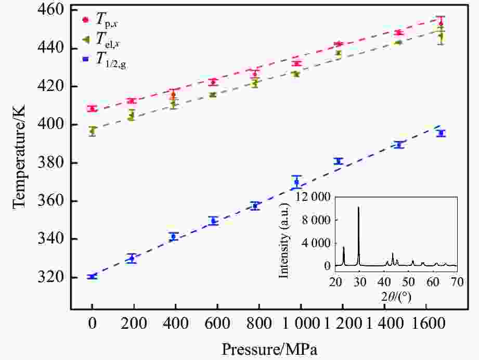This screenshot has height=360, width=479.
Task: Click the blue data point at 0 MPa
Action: [92, 277]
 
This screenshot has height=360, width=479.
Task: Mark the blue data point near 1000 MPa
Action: [296, 182]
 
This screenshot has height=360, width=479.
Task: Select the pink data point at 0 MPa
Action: [92, 109]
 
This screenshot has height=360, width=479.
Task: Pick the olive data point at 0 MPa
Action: [92, 131]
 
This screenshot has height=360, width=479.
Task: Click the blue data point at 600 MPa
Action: [213, 221]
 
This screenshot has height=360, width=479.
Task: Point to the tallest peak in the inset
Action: [358, 208]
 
